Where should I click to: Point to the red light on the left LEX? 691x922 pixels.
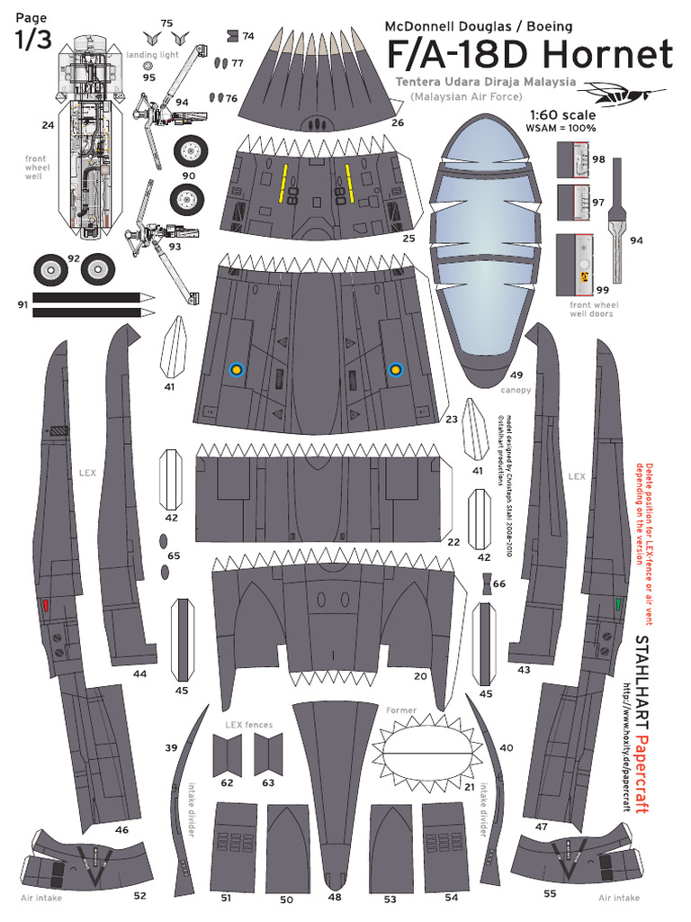(x=45, y=606)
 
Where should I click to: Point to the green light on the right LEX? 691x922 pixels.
(x=620, y=604)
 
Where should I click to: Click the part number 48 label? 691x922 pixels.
(x=334, y=897)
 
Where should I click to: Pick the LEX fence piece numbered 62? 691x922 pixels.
(x=227, y=755)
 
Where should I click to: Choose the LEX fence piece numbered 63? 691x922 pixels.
(x=268, y=755)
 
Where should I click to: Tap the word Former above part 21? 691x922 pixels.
(x=401, y=710)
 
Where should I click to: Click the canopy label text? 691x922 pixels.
(x=516, y=390)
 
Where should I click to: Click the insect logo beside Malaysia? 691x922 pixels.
(x=624, y=91)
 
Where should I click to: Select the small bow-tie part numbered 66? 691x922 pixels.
(x=486, y=584)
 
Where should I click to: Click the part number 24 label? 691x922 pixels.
(x=48, y=125)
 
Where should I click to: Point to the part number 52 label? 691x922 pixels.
(x=139, y=896)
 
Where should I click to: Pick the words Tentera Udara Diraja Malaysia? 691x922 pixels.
(x=485, y=81)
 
